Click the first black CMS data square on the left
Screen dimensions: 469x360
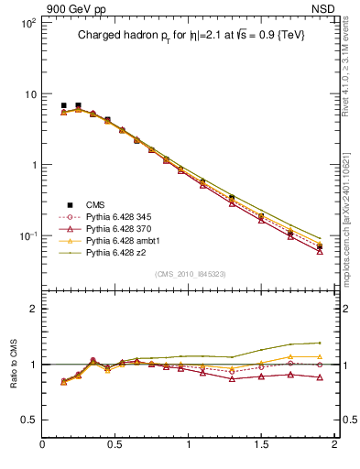pyautogui.click(x=63, y=106)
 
